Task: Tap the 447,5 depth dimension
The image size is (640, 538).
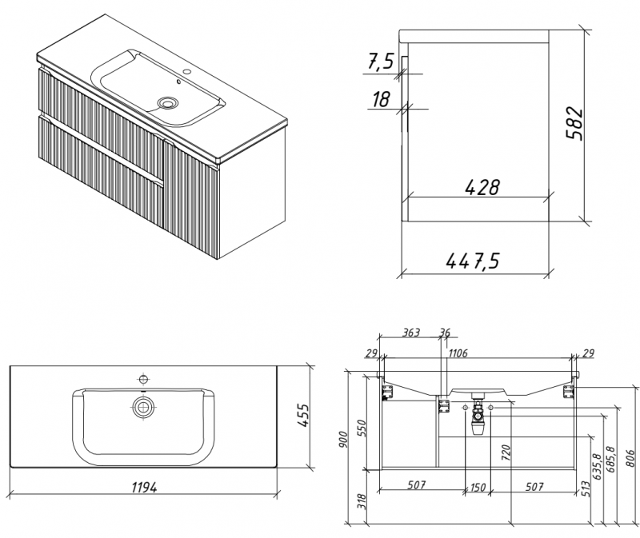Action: click(471, 261)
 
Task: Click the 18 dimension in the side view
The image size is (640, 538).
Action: click(382, 99)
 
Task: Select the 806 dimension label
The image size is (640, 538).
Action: click(629, 456)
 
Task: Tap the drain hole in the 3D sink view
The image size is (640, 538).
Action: click(169, 102)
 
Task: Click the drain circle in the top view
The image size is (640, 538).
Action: click(144, 407)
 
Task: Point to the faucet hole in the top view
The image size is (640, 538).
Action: click(144, 378)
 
